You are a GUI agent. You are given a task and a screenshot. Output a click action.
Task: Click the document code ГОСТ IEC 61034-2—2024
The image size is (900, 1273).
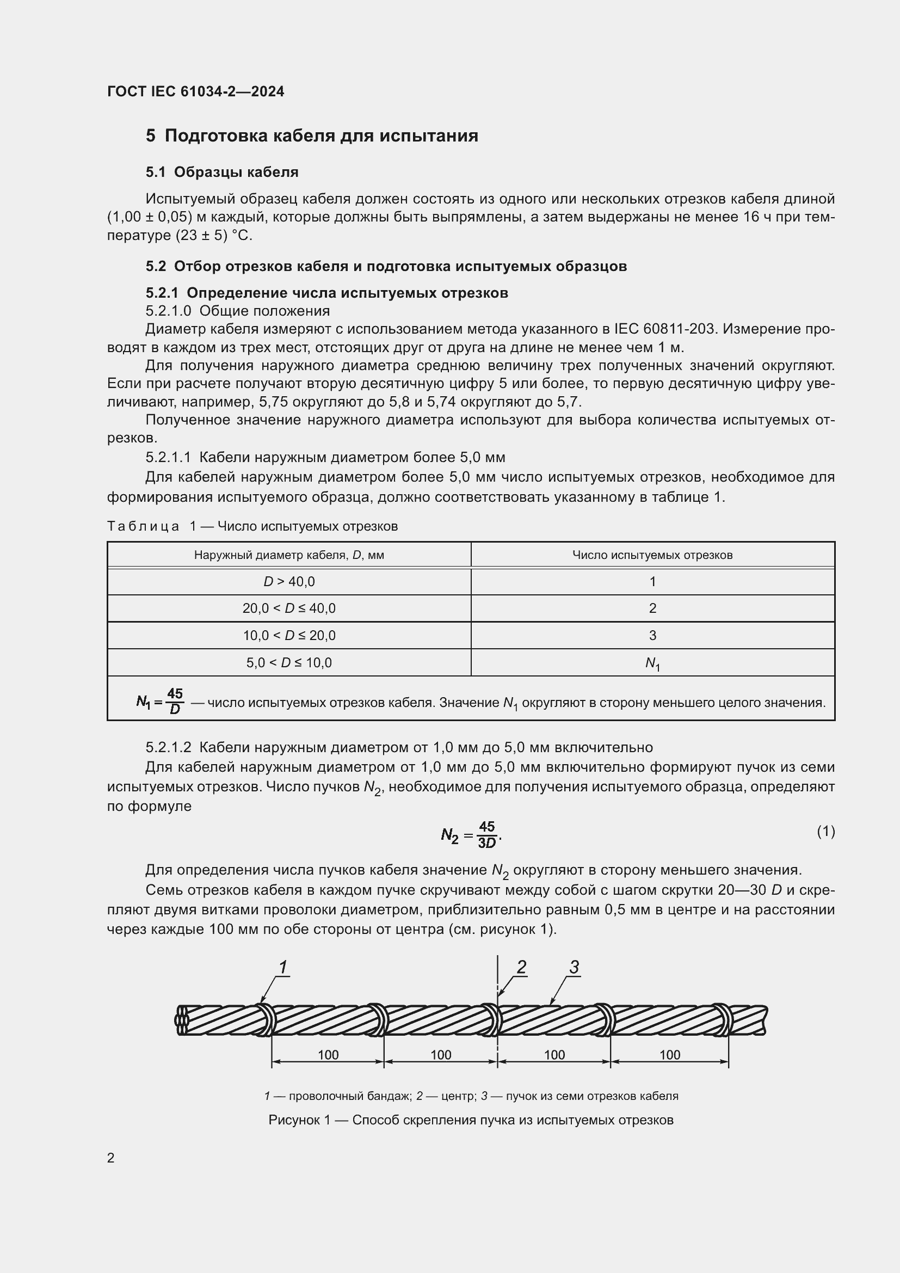tap(196, 91)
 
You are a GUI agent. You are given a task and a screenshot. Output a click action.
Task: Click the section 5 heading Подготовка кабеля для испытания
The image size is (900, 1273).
tap(312, 136)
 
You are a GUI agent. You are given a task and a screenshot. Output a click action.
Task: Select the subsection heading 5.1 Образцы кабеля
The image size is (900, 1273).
tap(221, 173)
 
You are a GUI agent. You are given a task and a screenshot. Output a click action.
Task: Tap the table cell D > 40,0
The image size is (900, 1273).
tap(289, 582)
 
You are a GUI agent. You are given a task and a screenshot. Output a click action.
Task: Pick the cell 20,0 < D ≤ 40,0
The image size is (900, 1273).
tap(289, 608)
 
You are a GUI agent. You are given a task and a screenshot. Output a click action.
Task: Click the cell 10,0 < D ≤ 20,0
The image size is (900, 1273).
tap(289, 635)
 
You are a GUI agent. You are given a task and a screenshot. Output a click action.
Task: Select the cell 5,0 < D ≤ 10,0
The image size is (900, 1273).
tap(289, 662)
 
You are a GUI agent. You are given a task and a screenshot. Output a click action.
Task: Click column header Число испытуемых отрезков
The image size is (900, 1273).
tap(652, 555)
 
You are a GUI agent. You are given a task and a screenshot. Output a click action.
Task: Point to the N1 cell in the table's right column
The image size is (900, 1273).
tap(652, 663)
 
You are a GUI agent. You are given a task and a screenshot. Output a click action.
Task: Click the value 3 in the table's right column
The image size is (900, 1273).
tap(652, 635)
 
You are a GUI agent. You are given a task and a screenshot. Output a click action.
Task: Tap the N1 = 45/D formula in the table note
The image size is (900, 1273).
tap(160, 702)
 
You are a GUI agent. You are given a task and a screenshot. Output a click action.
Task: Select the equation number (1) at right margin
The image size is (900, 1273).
tap(826, 831)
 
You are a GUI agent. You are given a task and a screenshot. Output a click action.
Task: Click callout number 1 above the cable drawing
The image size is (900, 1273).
tap(282, 967)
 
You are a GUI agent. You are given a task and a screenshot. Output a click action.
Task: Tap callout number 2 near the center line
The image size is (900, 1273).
tap(521, 967)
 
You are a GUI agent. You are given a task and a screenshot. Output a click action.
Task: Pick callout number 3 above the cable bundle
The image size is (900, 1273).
tap(574, 967)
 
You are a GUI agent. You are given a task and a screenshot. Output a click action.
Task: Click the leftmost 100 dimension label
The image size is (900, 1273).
tap(328, 1055)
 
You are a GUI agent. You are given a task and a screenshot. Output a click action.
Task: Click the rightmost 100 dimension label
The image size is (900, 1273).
tap(669, 1055)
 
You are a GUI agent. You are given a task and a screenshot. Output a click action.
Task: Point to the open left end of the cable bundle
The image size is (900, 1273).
tap(182, 1020)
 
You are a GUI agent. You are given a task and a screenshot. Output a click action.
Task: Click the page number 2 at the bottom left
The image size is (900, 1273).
tap(111, 1158)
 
